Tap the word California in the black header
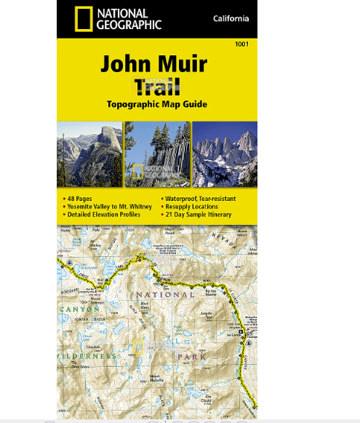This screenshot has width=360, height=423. point(231,18)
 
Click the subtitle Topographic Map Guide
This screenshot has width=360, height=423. point(156,104)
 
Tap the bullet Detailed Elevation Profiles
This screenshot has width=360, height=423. point(106,215)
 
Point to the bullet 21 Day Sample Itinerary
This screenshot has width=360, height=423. point(198,215)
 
